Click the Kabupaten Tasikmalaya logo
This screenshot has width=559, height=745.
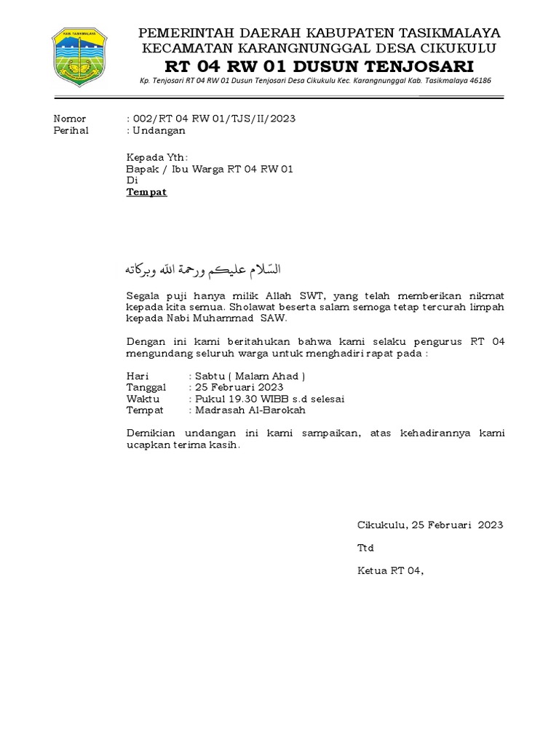click(79, 55)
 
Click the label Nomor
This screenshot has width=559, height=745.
click(71, 119)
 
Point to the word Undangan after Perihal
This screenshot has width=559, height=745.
click(159, 130)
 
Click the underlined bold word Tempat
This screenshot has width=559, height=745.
click(147, 192)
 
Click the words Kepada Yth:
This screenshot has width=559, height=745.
click(157, 157)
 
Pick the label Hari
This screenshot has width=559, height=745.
click(138, 376)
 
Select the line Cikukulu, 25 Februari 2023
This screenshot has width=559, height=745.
click(429, 525)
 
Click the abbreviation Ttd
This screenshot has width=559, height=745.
click(365, 548)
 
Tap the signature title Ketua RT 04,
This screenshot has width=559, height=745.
click(390, 571)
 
